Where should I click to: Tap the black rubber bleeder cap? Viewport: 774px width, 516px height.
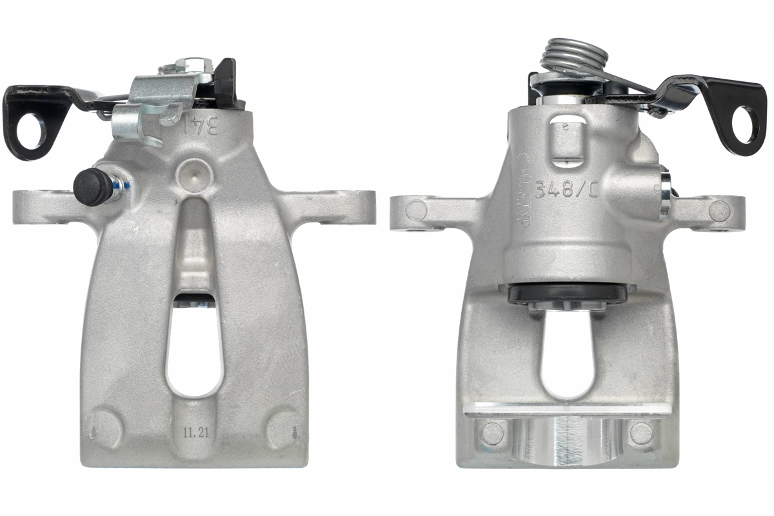(x=91, y=188)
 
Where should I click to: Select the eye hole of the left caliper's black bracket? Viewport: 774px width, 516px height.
(x=31, y=132)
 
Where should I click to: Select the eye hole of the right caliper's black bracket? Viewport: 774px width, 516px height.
(x=746, y=123)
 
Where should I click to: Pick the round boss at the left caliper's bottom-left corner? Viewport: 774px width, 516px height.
(x=106, y=426)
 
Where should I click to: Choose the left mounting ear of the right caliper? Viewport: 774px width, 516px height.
(x=417, y=210)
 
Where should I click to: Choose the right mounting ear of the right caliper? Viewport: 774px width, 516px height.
(x=719, y=210)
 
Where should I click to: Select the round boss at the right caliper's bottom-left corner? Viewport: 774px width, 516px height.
(x=493, y=433)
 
